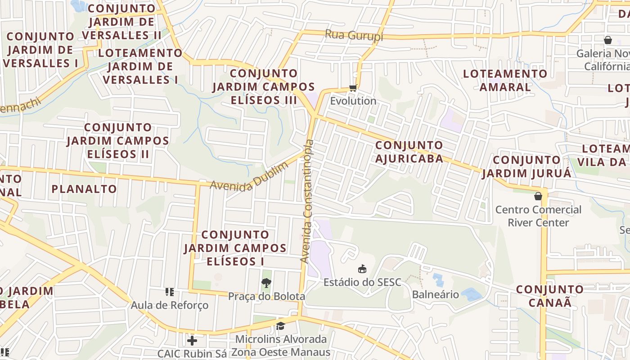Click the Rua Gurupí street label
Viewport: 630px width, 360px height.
(x=354, y=35)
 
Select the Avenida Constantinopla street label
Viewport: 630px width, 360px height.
(x=307, y=201)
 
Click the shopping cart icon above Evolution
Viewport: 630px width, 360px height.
(x=353, y=88)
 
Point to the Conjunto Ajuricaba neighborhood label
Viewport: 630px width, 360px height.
(x=409, y=152)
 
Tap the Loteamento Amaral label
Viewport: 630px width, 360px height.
(x=505, y=80)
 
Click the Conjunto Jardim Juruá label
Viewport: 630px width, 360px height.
(x=526, y=166)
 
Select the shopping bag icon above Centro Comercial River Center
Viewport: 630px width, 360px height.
(x=538, y=196)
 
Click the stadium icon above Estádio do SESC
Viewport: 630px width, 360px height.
(x=362, y=269)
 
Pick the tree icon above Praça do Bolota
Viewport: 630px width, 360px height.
(x=266, y=283)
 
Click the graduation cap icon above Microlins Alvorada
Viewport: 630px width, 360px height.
(x=281, y=326)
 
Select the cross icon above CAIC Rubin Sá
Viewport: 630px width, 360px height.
(x=192, y=340)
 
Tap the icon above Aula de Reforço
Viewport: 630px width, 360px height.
(x=170, y=292)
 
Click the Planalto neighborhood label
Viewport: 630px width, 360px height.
(x=84, y=189)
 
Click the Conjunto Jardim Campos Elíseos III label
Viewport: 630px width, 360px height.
(x=264, y=86)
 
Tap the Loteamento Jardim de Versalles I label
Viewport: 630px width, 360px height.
(x=140, y=66)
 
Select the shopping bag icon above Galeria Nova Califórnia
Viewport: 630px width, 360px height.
(x=608, y=40)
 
